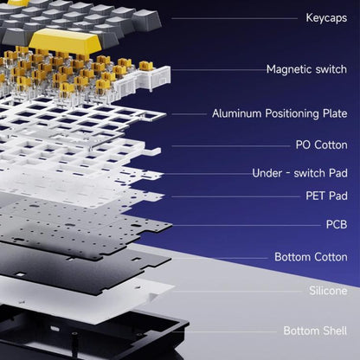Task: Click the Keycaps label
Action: pos(326,18)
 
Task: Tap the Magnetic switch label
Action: pos(306,69)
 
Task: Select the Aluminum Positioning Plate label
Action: pos(280,113)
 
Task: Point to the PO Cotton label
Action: pos(321,145)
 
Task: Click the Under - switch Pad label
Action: pos(299,173)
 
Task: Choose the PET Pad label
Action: pos(326,196)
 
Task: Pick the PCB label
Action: pos(337,224)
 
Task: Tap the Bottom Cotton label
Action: pos(311,257)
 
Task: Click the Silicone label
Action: pos(328,291)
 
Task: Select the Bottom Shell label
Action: pos(315,331)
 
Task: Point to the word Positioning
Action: pos(292,113)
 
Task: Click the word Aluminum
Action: pos(237,113)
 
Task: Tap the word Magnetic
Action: pos(289,70)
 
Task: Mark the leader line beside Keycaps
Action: pos(235,18)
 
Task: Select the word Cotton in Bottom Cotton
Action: pos(331,257)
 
